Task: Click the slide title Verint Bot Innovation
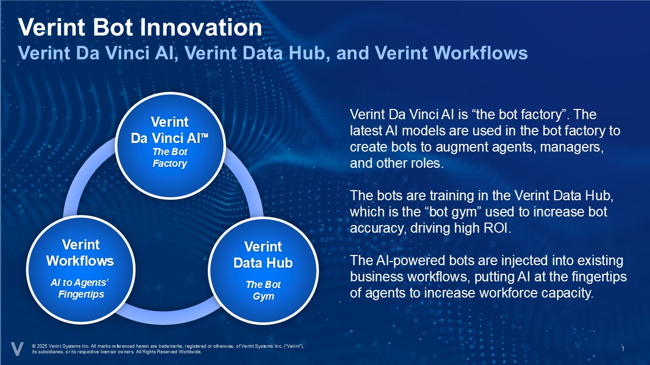(140, 28)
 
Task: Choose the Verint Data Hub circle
(263, 271)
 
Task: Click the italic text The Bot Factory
(170, 158)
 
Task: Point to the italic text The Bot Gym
(263, 290)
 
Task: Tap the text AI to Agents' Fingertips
(80, 288)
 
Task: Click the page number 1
(623, 349)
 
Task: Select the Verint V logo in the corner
(17, 349)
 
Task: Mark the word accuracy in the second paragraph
(375, 229)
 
